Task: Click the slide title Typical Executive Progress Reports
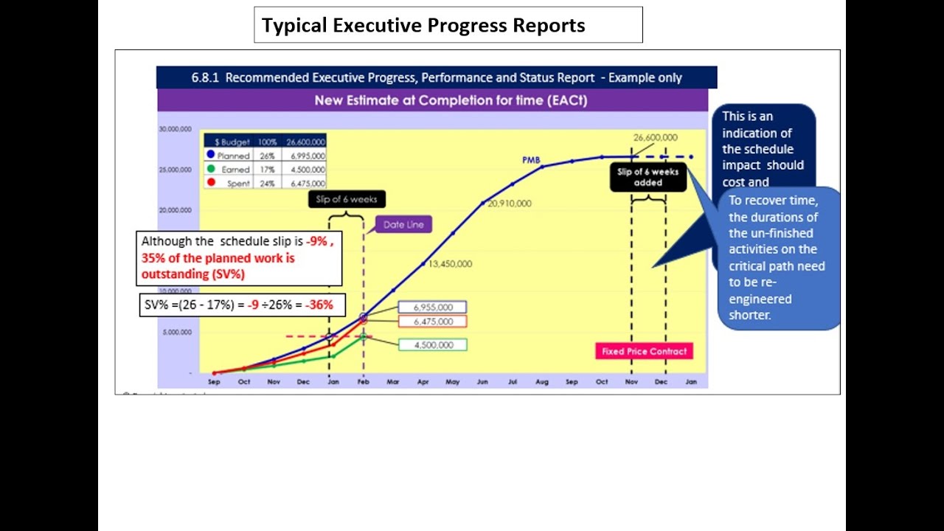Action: tap(424, 26)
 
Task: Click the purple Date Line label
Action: tap(403, 224)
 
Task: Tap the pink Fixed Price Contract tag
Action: tap(644, 351)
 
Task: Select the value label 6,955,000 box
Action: tap(432, 308)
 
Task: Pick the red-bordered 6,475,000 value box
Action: tap(432, 322)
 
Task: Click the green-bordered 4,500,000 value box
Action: tap(432, 344)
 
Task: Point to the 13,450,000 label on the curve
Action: tap(449, 264)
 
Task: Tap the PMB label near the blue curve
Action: tap(531, 160)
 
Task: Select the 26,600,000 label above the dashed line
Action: tap(655, 138)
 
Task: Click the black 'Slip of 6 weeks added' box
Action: tap(648, 177)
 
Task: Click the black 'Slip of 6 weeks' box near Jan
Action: tap(346, 199)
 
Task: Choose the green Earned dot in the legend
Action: tap(211, 169)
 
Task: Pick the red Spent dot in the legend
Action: tap(211, 182)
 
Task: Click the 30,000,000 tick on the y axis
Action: tap(175, 129)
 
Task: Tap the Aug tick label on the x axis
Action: tap(541, 382)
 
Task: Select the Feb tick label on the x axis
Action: tap(363, 382)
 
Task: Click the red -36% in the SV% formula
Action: tap(319, 305)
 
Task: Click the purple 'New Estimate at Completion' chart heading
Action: tap(451, 100)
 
